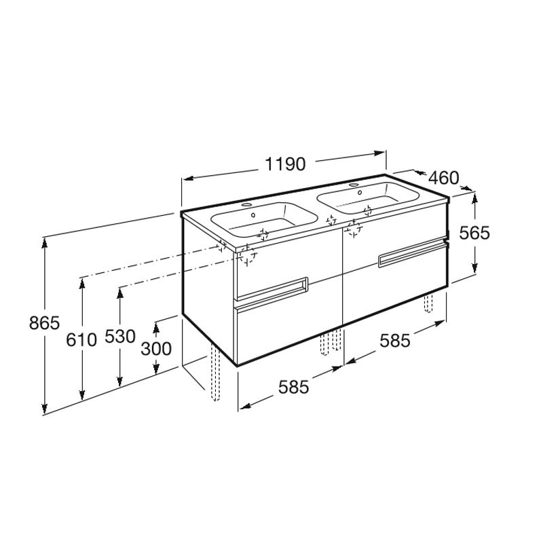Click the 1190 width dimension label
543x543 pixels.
[285, 164]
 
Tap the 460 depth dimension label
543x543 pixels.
[444, 178]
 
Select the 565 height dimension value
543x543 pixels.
[474, 233]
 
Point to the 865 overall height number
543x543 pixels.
[44, 323]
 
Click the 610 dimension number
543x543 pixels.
[81, 340]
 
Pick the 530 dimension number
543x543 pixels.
[120, 336]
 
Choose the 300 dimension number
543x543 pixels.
[156, 349]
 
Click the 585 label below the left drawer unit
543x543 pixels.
[293, 387]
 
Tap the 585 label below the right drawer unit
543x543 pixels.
[395, 341]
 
